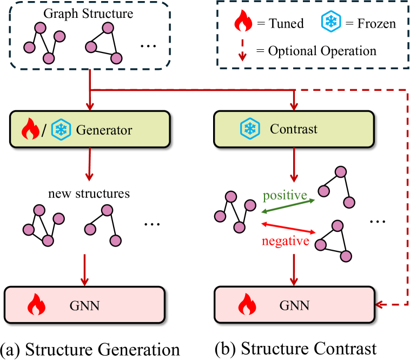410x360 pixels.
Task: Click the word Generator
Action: [x=104, y=130]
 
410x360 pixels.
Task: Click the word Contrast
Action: [x=294, y=129]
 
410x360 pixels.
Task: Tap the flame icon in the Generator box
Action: [x=30, y=130]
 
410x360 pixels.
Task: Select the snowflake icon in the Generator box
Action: [x=61, y=130]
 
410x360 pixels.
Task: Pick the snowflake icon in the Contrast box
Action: [x=249, y=129]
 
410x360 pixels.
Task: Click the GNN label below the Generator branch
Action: [x=84, y=305]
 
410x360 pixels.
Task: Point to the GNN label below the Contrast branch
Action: [x=294, y=305]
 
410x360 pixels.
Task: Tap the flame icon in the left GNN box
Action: [x=36, y=305]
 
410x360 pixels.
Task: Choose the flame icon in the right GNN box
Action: [x=247, y=305]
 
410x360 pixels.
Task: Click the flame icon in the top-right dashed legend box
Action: [x=243, y=22]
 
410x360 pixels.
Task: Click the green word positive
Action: [x=285, y=195]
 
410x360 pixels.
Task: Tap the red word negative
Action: [x=285, y=241]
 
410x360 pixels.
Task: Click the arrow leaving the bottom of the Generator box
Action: [x=90, y=164]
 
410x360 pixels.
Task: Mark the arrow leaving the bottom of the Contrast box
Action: [x=294, y=164]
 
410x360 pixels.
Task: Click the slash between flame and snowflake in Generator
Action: [x=44, y=130]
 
